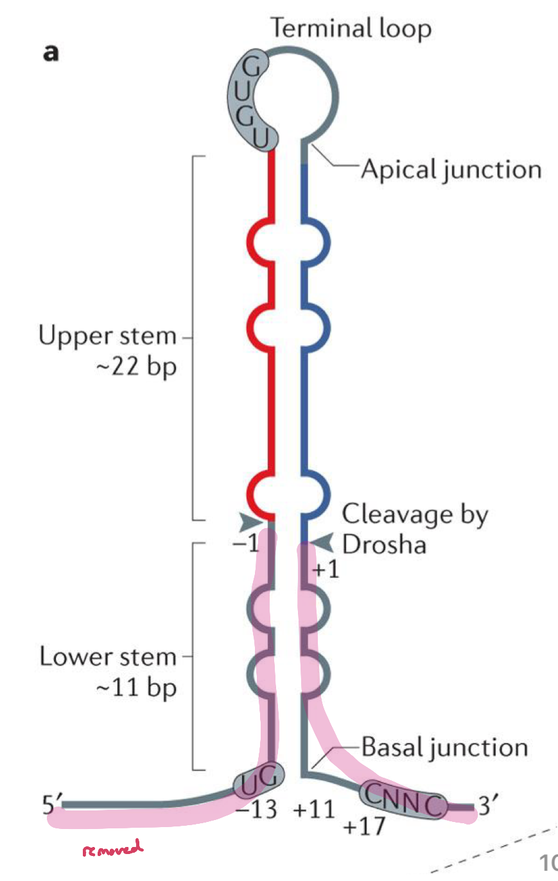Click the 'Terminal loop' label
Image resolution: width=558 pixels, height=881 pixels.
pyautogui.click(x=351, y=29)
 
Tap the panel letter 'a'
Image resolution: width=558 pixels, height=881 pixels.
pyautogui.click(x=51, y=53)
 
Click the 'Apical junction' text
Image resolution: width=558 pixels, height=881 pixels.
pyautogui.click(x=451, y=169)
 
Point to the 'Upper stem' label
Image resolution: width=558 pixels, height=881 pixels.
pyautogui.click(x=107, y=336)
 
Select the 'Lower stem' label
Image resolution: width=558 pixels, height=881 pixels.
pyautogui.click(x=107, y=657)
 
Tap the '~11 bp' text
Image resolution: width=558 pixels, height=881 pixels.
pyautogui.click(x=135, y=688)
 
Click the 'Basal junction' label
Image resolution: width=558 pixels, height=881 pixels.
pyautogui.click(x=444, y=748)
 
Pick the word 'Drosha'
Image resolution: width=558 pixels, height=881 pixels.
pyautogui.click(x=384, y=545)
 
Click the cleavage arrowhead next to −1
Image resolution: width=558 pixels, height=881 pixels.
pyautogui.click(x=252, y=520)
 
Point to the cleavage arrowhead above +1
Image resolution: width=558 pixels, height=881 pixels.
pyautogui.click(x=323, y=543)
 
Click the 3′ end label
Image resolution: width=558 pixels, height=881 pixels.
pyautogui.click(x=489, y=804)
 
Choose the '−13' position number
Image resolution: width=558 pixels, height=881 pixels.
pyautogui.click(x=256, y=810)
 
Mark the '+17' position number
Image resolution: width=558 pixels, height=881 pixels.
pyautogui.click(x=364, y=826)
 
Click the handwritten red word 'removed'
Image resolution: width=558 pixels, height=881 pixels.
pyautogui.click(x=112, y=849)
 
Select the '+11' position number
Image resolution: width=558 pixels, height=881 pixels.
pyautogui.click(x=314, y=810)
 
